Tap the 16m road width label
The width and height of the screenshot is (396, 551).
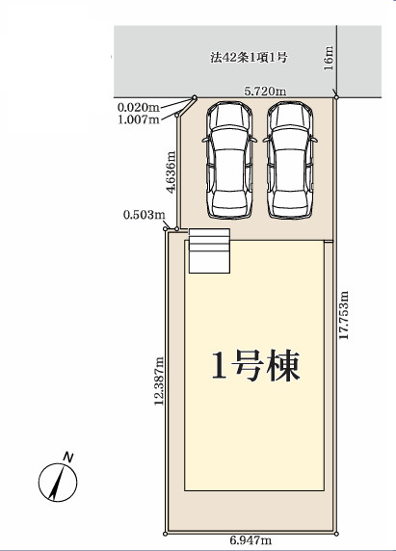click(x=329, y=58)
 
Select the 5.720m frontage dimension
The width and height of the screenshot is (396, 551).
click(x=265, y=91)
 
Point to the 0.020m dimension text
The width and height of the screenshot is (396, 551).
click(x=139, y=107)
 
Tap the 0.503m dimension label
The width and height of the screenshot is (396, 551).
click(x=143, y=214)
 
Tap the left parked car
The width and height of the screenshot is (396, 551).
click(x=227, y=159)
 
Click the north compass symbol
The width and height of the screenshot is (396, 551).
click(x=58, y=481)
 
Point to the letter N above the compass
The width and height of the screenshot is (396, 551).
click(x=67, y=455)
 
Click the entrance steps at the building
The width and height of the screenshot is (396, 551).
click(x=210, y=252)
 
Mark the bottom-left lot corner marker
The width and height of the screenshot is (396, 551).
click(x=166, y=532)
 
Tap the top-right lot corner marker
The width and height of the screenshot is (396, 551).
click(x=335, y=95)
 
